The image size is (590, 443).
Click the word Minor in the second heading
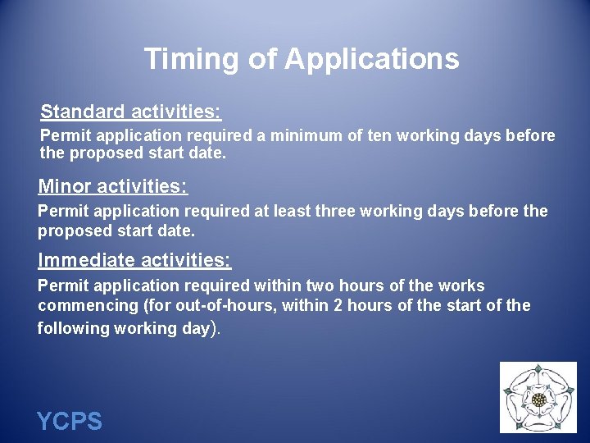(x=65, y=187)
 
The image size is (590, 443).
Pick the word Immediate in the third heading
(x=87, y=262)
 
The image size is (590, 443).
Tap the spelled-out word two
(x=320, y=286)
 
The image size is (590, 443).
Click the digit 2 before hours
(x=309, y=306)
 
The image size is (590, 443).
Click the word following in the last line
(x=72, y=328)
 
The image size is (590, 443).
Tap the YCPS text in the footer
(x=70, y=422)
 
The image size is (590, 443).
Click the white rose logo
(x=538, y=398)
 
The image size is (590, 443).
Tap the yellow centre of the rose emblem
(x=538, y=400)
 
